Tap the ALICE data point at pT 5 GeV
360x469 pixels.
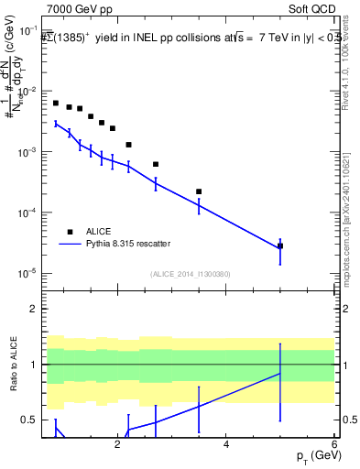pyautogui.click(x=280, y=245)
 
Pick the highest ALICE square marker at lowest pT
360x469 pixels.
pyautogui.click(x=56, y=104)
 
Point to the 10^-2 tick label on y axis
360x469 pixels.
pyautogui.click(x=29, y=92)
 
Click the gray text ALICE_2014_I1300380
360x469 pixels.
pyautogui.click(x=190, y=274)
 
